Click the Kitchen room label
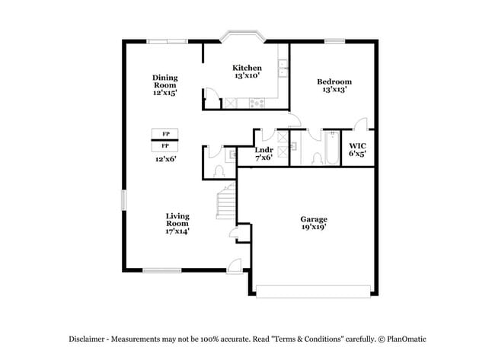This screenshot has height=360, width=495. coord(247,68)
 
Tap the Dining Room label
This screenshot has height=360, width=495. coord(164,78)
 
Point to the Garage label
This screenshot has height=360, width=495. coord(314,219)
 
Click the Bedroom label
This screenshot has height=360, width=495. coord(334,81)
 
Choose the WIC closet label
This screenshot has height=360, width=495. coord(357,145)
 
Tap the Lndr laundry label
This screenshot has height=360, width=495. coord(263,150)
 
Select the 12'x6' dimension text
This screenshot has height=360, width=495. coord(166,159)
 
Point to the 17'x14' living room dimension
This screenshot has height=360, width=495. coord(177,231)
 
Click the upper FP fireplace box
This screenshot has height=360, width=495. coord(165,134)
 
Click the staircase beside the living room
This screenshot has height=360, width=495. coord(225,202)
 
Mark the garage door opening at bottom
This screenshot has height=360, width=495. coord(314,291)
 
